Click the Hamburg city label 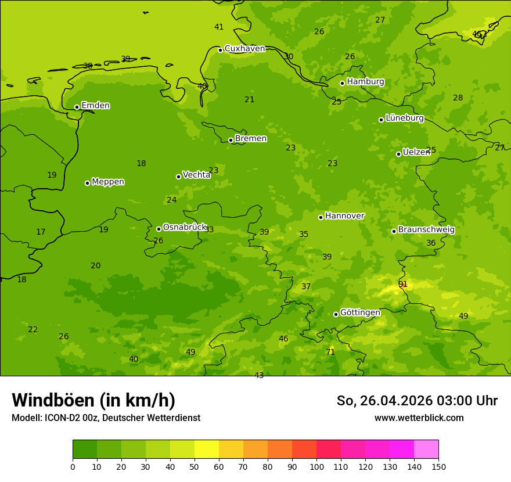click(x=365, y=82)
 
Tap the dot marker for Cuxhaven click(x=220, y=50)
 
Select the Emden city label click(x=95, y=106)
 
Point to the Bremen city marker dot click(x=231, y=140)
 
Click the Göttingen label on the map click(x=360, y=312)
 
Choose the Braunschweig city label click(x=426, y=230)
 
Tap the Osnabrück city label click(x=185, y=227)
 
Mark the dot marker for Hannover click(x=321, y=217)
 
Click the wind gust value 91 click(x=403, y=284)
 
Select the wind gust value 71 click(x=330, y=352)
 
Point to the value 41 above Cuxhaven click(x=219, y=27)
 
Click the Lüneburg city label click(x=405, y=118)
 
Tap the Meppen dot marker click(x=87, y=183)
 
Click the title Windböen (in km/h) click(x=93, y=400)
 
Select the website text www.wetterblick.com click(x=419, y=418)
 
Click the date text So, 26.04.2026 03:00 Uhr click(x=417, y=401)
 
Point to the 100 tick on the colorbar click(x=316, y=466)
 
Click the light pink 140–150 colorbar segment click(x=426, y=449)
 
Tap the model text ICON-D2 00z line click(x=106, y=418)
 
